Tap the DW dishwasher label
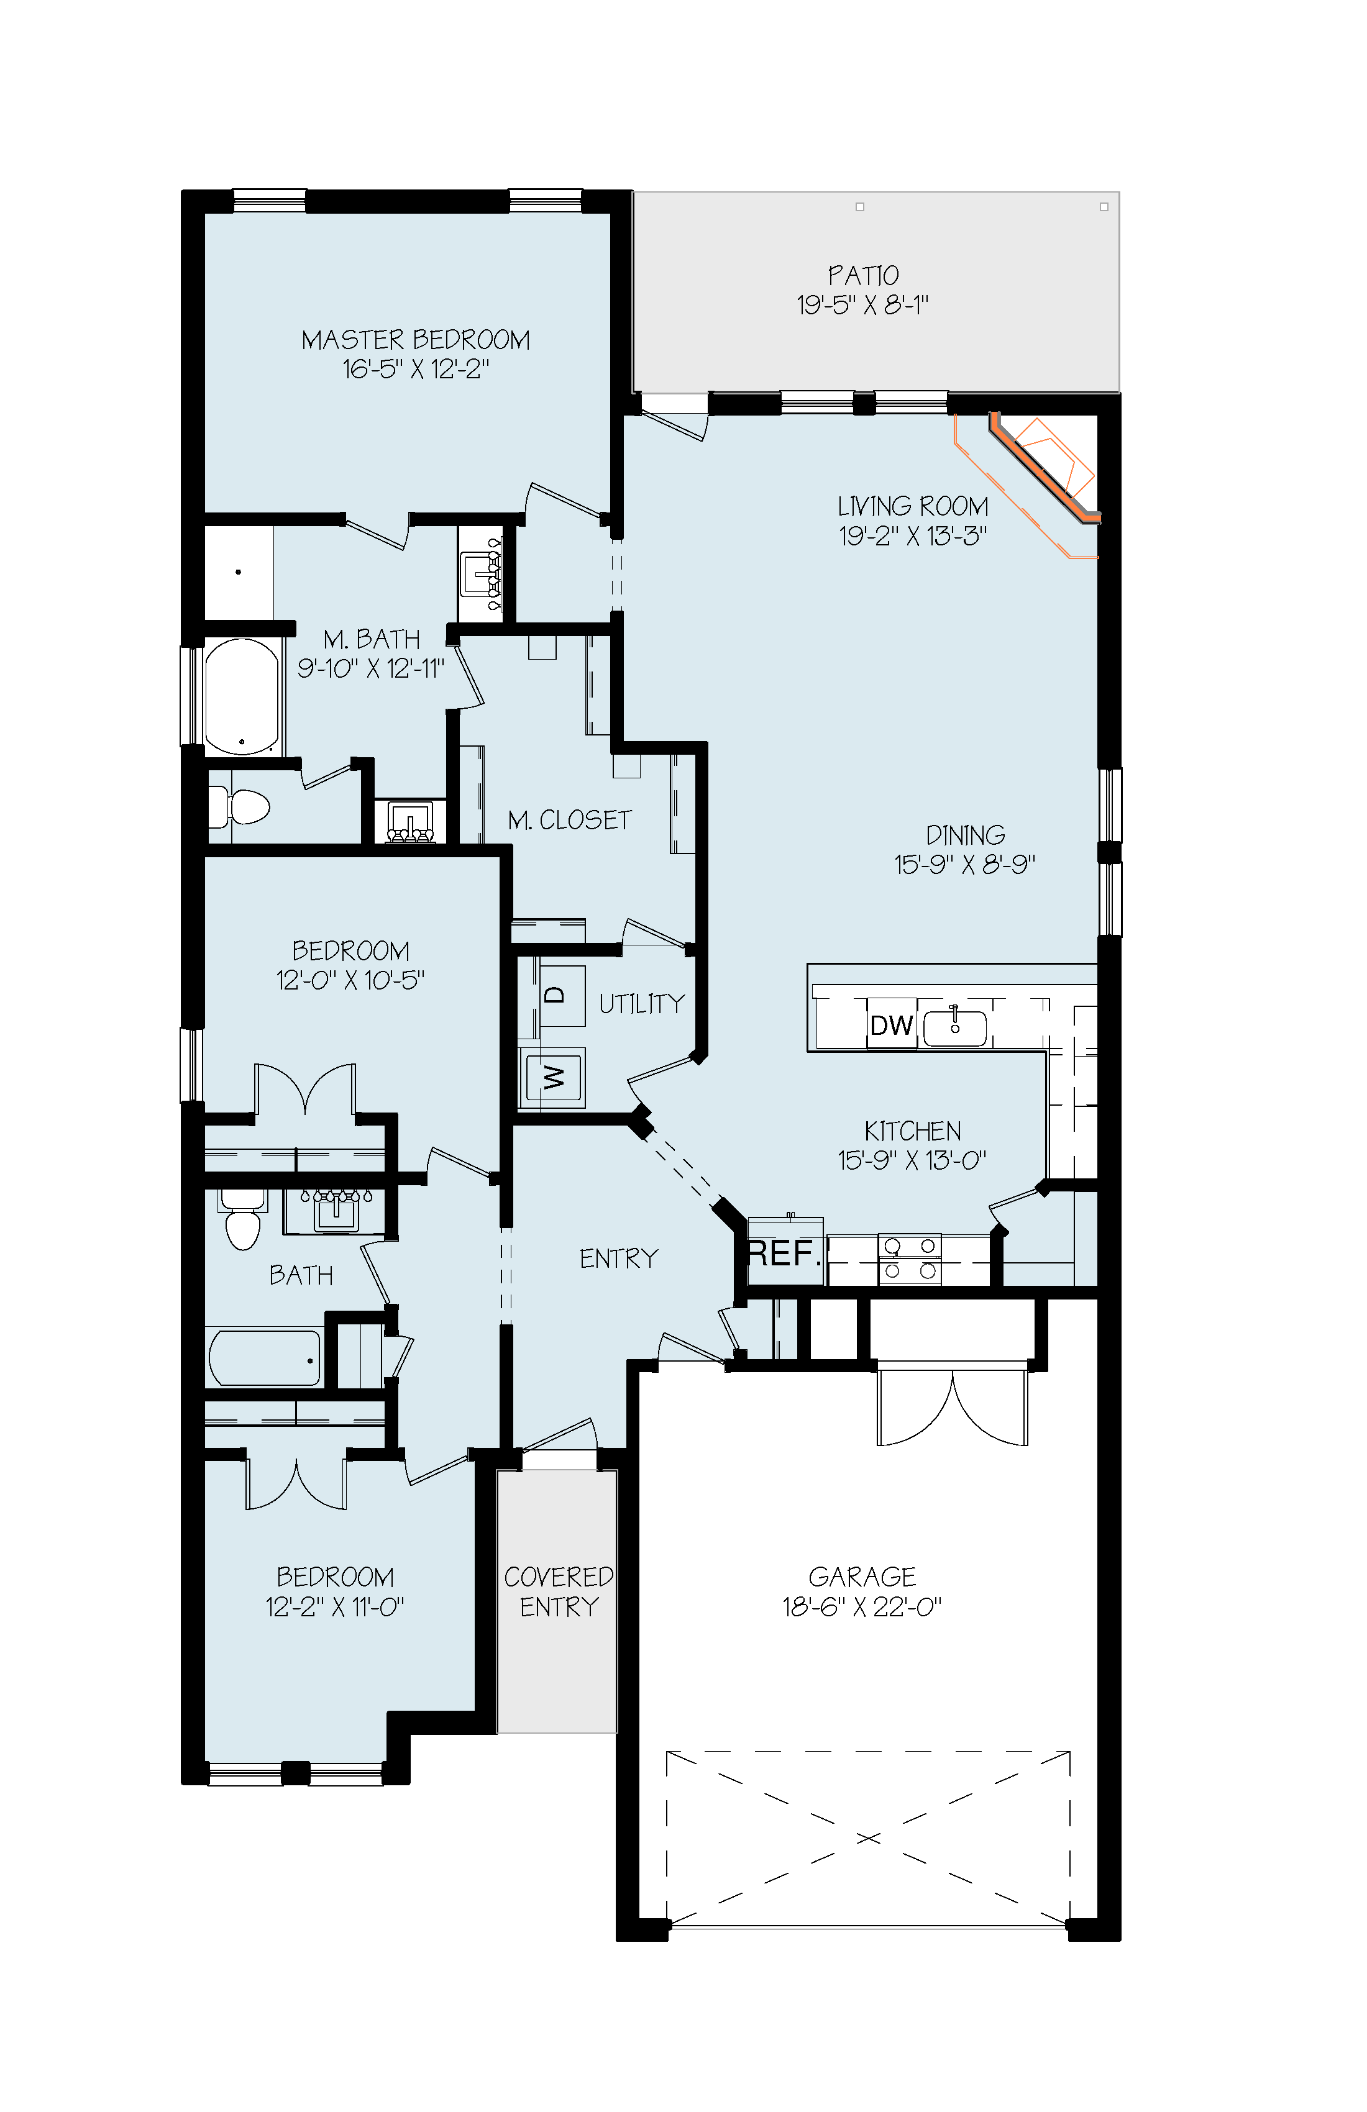click(891, 1025)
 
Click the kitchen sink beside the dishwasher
click(955, 1027)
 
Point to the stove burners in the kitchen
click(909, 1259)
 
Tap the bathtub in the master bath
click(242, 698)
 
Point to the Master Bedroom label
click(416, 340)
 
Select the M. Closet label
click(570, 820)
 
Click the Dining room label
click(966, 835)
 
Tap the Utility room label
click(642, 1004)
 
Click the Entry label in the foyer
click(619, 1259)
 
